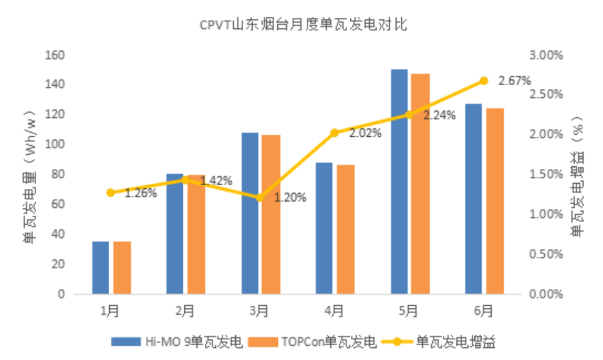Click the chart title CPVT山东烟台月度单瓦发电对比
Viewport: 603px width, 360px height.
304,25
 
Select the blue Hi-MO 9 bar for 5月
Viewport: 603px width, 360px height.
399,181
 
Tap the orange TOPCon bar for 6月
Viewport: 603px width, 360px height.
495,201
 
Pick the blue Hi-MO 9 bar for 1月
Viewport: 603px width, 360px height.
100,267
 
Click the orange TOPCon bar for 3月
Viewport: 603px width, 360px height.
271,215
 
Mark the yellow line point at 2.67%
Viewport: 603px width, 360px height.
483,81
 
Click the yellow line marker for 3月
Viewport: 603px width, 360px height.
260,198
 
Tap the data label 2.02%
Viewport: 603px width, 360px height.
365,133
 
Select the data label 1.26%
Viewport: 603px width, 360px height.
141,194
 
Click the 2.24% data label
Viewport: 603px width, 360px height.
440,115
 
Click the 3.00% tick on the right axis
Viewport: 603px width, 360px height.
545,54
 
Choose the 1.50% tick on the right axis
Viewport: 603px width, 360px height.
545,174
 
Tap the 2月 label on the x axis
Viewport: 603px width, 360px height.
185,311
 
